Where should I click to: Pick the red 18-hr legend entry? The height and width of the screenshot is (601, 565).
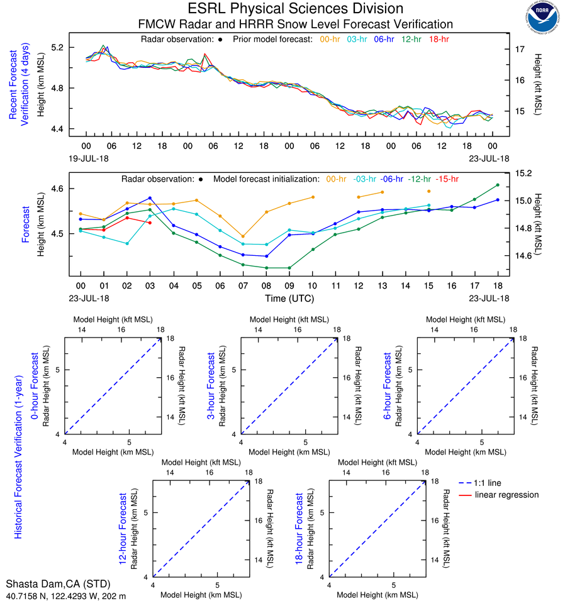click(x=439, y=39)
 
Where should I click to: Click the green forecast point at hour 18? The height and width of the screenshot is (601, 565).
click(x=498, y=185)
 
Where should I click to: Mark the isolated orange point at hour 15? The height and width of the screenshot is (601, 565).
click(x=428, y=191)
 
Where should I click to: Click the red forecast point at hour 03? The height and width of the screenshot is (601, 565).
click(x=150, y=223)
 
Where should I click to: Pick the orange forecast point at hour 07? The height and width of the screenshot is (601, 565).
click(x=243, y=236)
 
